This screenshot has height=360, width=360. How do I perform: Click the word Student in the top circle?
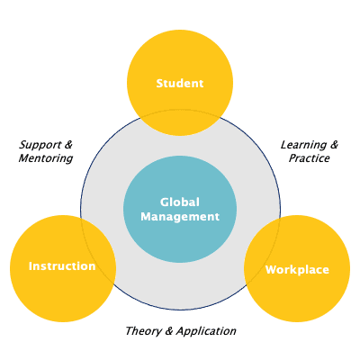tap(180, 83)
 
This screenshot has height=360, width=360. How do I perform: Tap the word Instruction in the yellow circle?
tap(62, 266)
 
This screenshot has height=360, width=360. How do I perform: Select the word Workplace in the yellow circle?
tap(297, 270)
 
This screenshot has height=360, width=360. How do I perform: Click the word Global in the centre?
tap(180, 202)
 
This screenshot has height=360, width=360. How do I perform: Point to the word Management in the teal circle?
tap(180, 217)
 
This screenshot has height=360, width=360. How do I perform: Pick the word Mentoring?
tap(46, 158)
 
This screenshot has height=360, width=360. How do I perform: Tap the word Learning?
tap(303, 145)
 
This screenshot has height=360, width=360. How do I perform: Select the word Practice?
tap(309, 158)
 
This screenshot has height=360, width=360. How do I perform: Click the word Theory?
tap(144, 331)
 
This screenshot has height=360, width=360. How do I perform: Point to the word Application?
tap(206, 331)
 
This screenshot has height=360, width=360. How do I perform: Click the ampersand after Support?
tap(68, 145)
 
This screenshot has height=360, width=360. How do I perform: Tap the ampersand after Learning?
tap(334, 145)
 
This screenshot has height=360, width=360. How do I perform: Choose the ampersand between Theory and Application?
tap(169, 331)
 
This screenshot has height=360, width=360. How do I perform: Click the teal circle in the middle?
tap(180, 209)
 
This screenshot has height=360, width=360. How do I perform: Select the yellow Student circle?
tap(180, 83)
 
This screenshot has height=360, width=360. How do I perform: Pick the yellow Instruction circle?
tap(63, 268)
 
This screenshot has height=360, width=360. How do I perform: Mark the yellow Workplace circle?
tap(297, 268)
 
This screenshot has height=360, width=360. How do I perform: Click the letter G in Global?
tap(165, 202)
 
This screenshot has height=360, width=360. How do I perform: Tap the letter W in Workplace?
tap(273, 270)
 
